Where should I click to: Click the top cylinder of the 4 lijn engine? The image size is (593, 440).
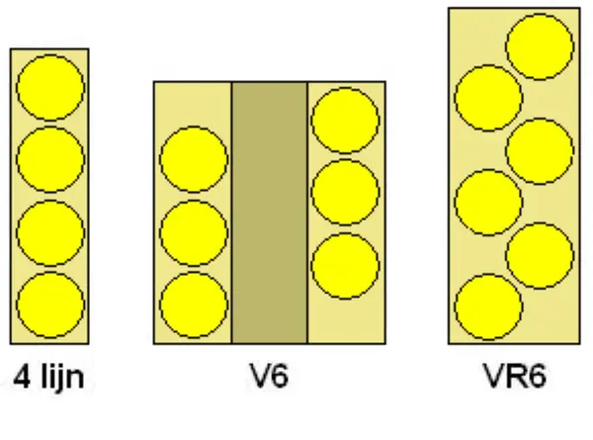click(x=50, y=87)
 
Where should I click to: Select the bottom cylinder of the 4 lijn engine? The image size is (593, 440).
click(x=50, y=305)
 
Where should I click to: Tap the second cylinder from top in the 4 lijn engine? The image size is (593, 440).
click(x=50, y=159)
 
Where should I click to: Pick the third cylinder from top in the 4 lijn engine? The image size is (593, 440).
click(x=50, y=232)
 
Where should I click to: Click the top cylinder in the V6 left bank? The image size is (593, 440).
click(x=194, y=159)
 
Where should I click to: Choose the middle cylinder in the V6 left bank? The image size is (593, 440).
click(x=194, y=232)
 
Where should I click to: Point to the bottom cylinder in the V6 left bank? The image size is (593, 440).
click(x=194, y=305)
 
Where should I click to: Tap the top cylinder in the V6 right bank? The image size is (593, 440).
click(x=345, y=121)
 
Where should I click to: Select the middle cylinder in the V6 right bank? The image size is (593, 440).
click(x=345, y=192)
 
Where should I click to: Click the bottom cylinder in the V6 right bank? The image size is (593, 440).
click(x=345, y=266)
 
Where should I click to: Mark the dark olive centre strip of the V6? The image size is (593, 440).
click(x=270, y=213)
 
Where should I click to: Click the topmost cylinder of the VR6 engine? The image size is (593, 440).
click(x=540, y=46)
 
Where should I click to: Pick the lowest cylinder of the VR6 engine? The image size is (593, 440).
click(x=488, y=307)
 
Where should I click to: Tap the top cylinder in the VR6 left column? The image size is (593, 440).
click(x=488, y=98)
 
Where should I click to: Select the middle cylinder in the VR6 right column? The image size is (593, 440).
click(x=540, y=151)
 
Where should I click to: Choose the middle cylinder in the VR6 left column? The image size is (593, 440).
click(x=488, y=203)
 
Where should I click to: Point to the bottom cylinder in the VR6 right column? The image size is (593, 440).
click(x=540, y=256)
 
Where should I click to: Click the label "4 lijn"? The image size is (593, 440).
click(x=48, y=377)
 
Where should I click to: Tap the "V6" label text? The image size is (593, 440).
click(x=269, y=376)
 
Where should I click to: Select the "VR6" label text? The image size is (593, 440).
click(x=515, y=376)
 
